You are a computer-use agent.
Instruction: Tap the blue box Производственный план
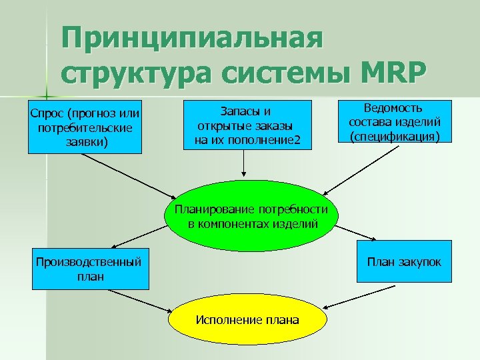click(x=91, y=268)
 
